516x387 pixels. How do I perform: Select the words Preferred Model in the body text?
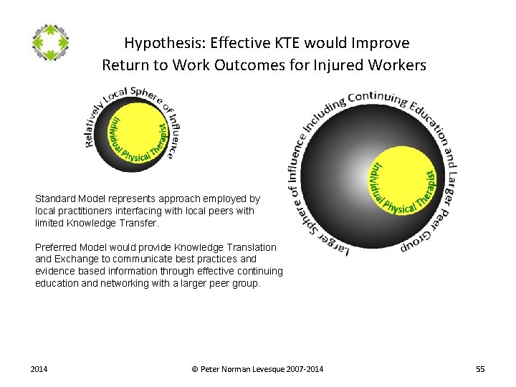pyautogui.click(x=70, y=247)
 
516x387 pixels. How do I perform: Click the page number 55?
pyautogui.click(x=480, y=369)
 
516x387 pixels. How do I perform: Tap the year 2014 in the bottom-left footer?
pyautogui.click(x=39, y=369)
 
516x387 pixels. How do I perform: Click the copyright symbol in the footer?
pyautogui.click(x=196, y=369)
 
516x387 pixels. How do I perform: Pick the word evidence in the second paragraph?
pyautogui.click(x=54, y=271)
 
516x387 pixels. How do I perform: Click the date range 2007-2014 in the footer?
pyautogui.click(x=305, y=369)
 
